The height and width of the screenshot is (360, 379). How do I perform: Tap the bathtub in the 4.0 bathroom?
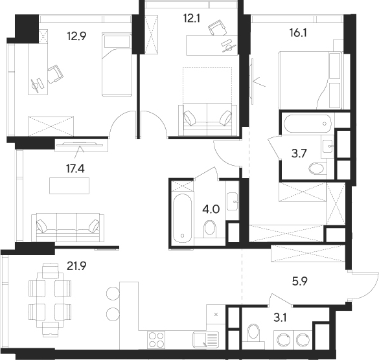click(183, 214)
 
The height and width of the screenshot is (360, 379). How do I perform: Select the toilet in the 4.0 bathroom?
click(210, 229)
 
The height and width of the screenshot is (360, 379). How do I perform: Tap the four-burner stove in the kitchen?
click(157, 339)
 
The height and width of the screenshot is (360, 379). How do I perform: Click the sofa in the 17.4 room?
click(67, 226)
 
